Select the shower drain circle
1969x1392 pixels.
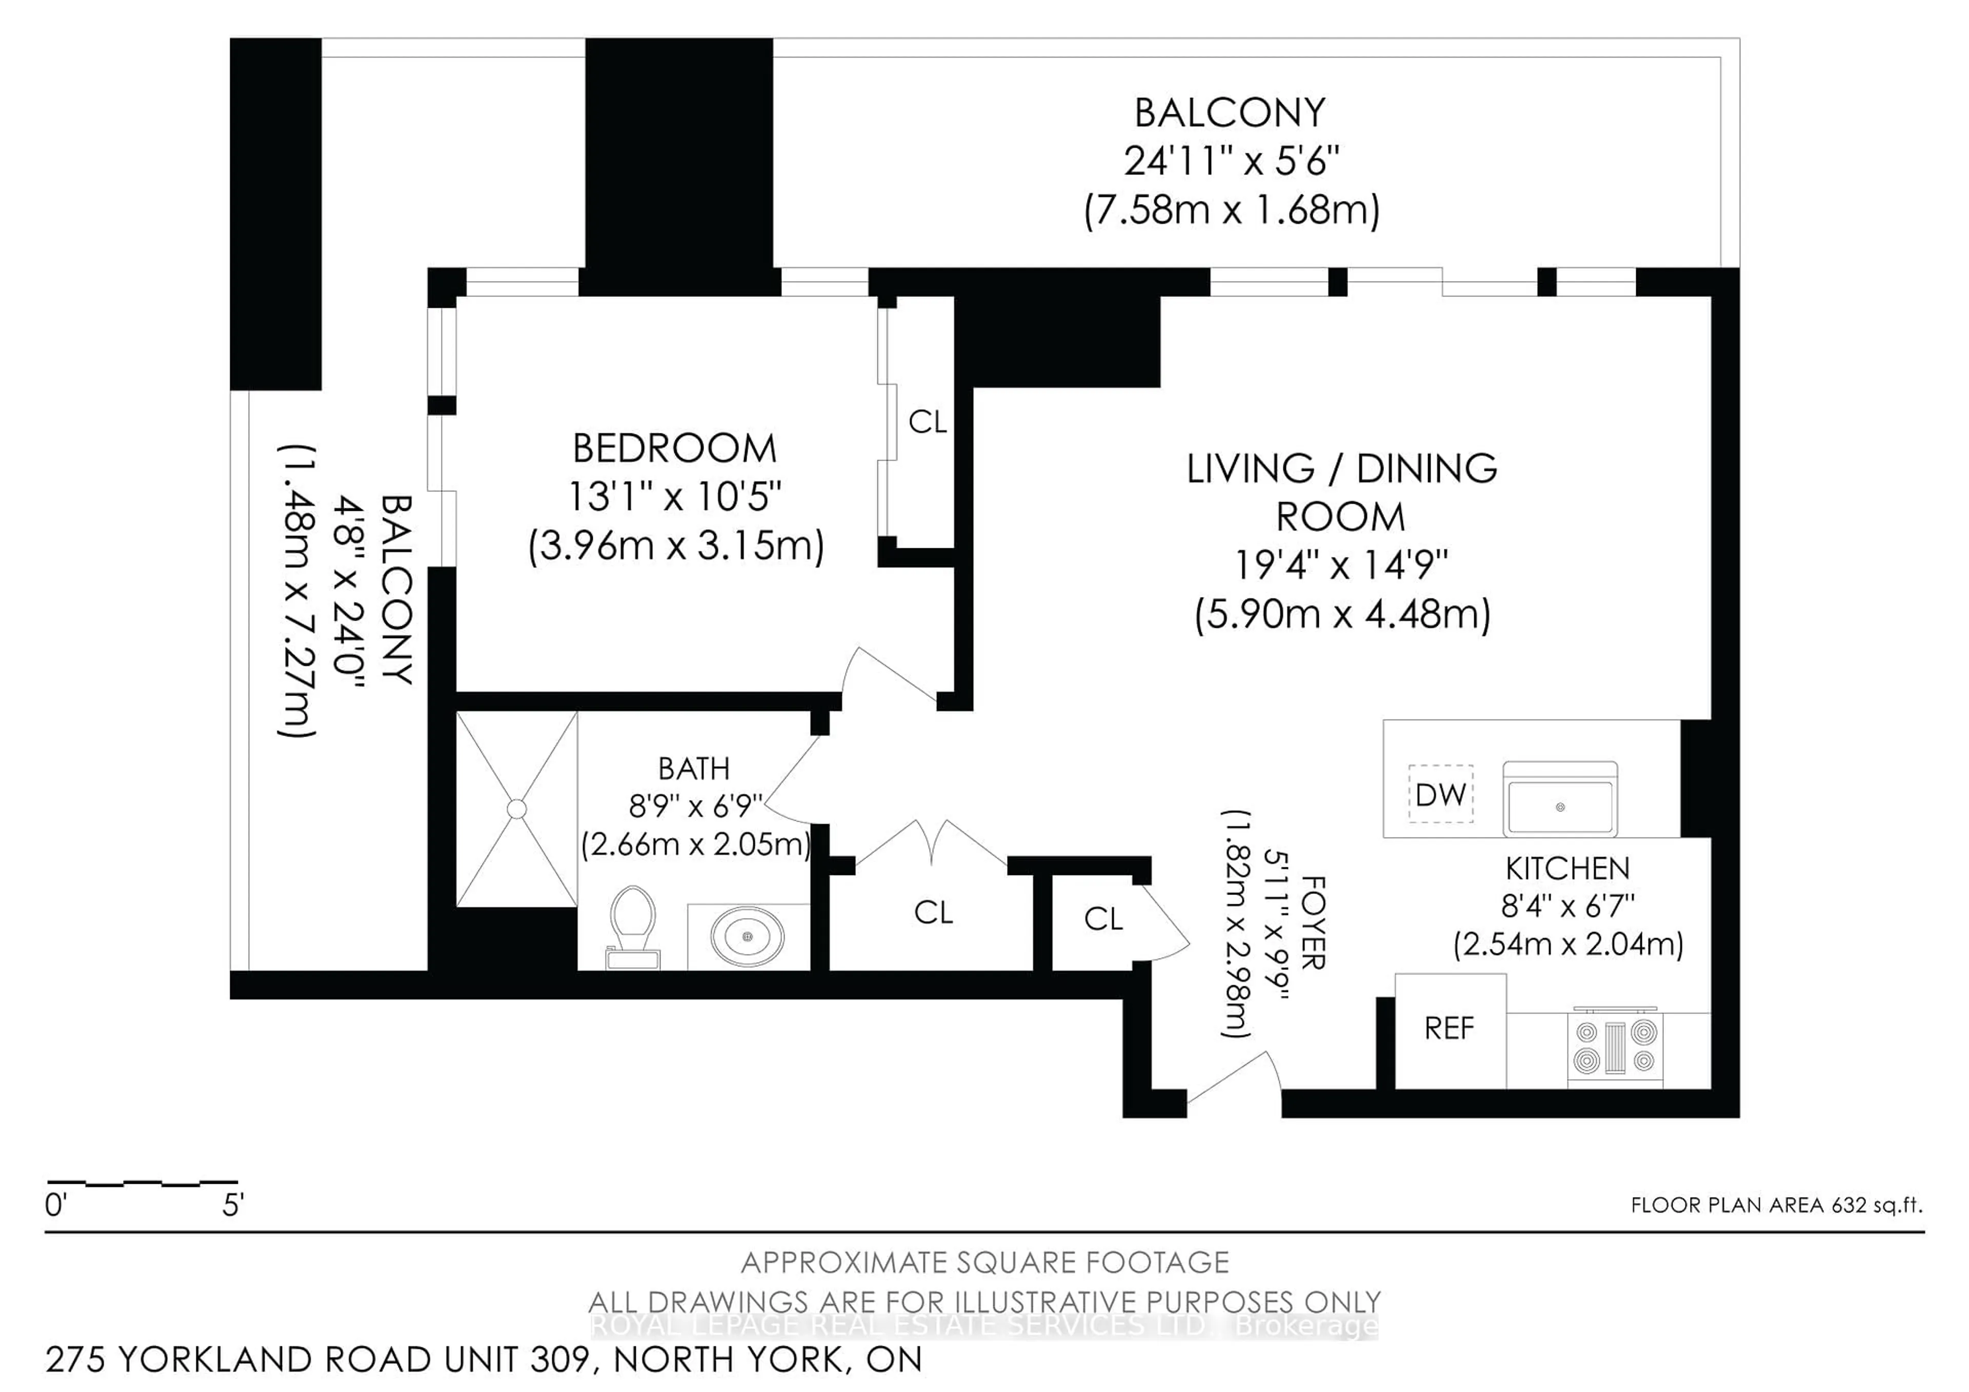pyautogui.click(x=516, y=809)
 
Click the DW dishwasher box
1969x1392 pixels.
pyautogui.click(x=1441, y=794)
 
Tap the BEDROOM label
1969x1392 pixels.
pyautogui.click(x=675, y=449)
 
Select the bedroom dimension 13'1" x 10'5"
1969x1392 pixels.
pyautogui.click(x=675, y=496)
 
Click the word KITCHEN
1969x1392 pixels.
pyautogui.click(x=1568, y=869)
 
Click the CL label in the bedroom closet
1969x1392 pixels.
pyautogui.click(x=928, y=422)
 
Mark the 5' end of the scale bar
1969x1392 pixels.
pyautogui.click(x=233, y=1205)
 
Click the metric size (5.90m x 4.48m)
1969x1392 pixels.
pyautogui.click(x=1342, y=614)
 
